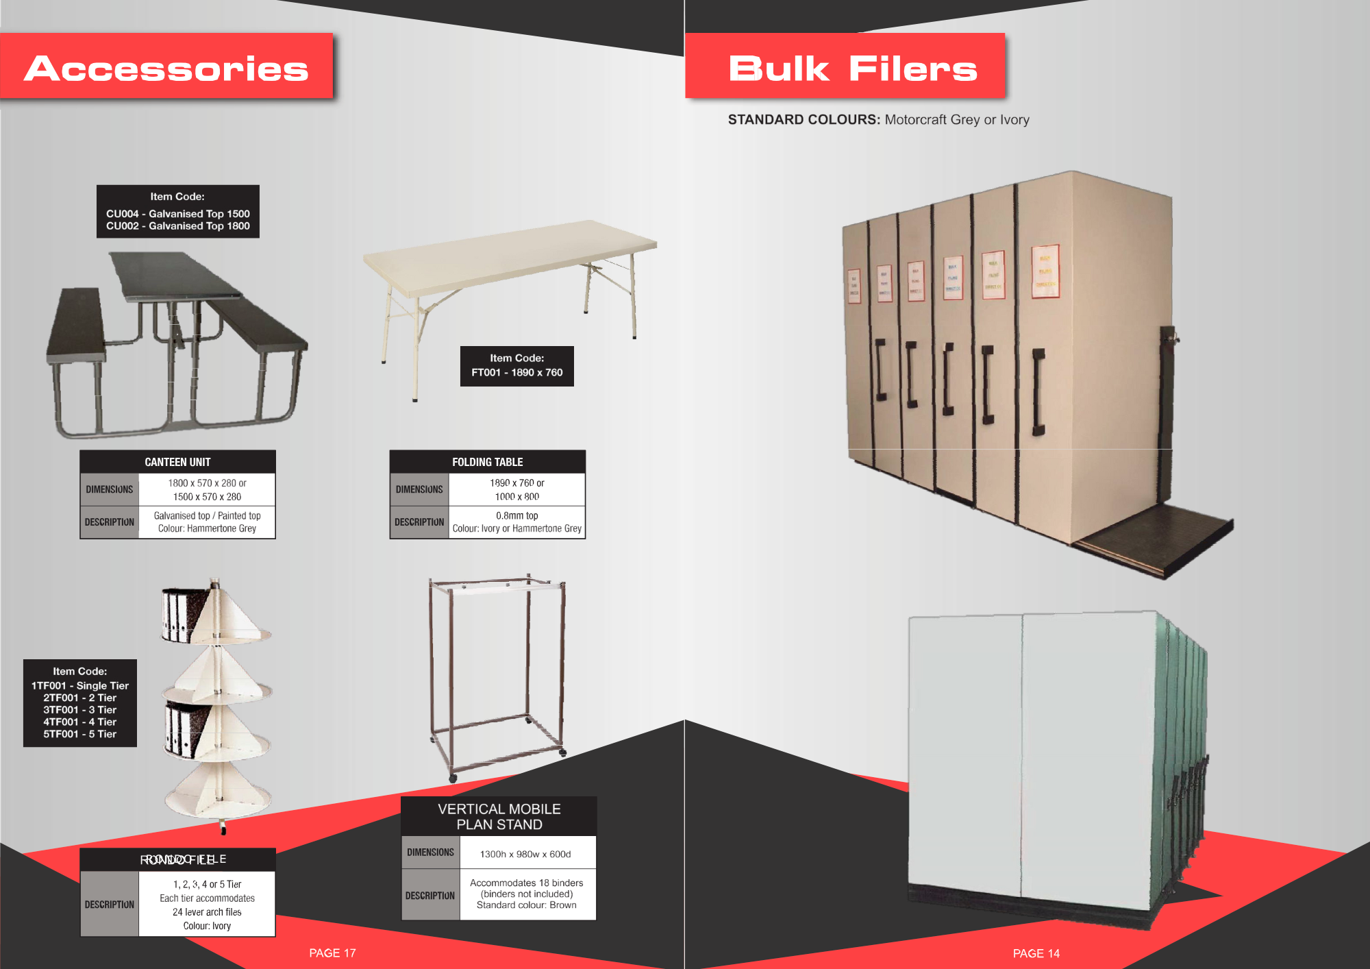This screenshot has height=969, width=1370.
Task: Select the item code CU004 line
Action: [177, 214]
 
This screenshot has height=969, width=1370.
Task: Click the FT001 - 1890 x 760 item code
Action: [516, 373]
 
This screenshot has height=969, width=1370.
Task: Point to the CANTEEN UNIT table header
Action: [177, 462]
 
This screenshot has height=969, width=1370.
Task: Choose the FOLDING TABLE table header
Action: [487, 462]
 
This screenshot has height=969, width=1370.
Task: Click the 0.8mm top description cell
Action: [517, 522]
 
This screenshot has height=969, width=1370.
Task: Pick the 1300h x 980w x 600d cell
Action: [525, 854]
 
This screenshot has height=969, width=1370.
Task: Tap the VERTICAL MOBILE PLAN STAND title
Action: [499, 816]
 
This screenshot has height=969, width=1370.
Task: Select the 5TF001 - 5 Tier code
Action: [80, 734]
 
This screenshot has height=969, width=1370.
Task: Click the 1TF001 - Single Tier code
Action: [80, 685]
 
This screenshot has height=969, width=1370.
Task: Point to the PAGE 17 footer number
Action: [332, 953]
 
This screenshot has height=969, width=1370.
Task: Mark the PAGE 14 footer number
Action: [1036, 953]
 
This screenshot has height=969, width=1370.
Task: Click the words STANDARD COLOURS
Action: [804, 119]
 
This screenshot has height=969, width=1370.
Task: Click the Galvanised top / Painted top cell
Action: [207, 522]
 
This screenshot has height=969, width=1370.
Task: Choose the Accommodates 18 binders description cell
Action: [527, 894]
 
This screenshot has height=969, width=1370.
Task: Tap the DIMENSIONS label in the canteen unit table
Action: [110, 489]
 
